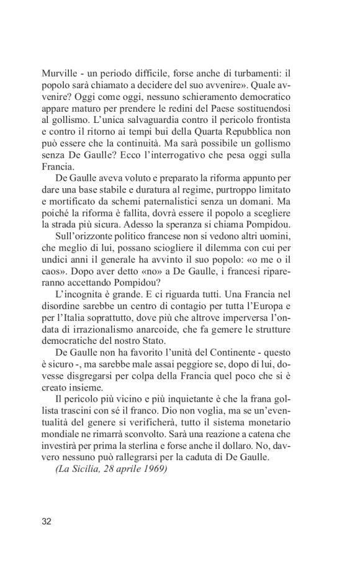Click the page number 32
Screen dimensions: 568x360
[47, 521]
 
